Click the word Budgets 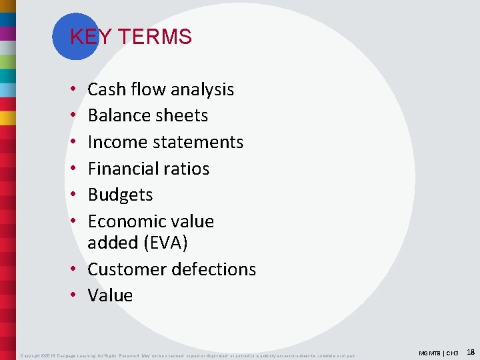[120, 195]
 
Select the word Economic [124, 221]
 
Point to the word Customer [127, 269]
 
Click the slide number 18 [471, 351]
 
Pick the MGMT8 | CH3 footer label [439, 352]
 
